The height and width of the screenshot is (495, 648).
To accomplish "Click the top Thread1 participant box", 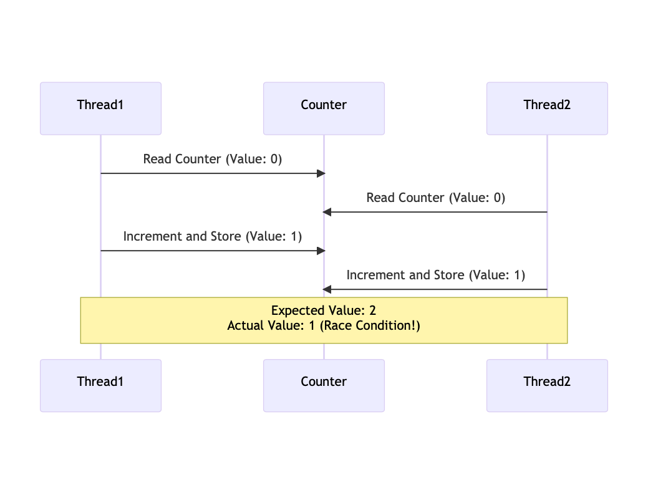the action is point(100,108).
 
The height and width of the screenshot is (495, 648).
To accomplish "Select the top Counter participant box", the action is point(324,108).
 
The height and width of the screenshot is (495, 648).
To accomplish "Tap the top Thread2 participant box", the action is point(547,108).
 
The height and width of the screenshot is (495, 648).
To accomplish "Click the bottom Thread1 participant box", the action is point(100,385).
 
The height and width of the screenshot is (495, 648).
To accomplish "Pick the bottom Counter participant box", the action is point(324,385).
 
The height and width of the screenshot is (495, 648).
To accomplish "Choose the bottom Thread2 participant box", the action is point(547,385).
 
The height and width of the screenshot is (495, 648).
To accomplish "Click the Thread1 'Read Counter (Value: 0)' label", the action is point(213,159).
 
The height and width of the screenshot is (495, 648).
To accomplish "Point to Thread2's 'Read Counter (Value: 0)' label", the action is point(435,198).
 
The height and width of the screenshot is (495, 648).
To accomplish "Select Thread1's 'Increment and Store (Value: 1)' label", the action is point(213,236).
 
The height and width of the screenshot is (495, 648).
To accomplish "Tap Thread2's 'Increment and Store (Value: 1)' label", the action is point(435,275).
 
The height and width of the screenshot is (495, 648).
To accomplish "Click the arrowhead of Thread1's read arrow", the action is point(321,173).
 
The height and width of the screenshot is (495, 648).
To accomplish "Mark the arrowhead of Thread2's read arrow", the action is point(326,212).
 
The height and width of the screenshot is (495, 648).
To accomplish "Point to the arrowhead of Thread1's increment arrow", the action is point(321,251).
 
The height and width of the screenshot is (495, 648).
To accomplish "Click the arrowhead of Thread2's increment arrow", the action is point(326,289).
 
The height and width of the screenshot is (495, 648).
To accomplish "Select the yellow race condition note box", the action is point(324,320).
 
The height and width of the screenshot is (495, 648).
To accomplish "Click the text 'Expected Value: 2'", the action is point(324,310).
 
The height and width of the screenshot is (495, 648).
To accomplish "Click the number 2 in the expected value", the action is point(372,310).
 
